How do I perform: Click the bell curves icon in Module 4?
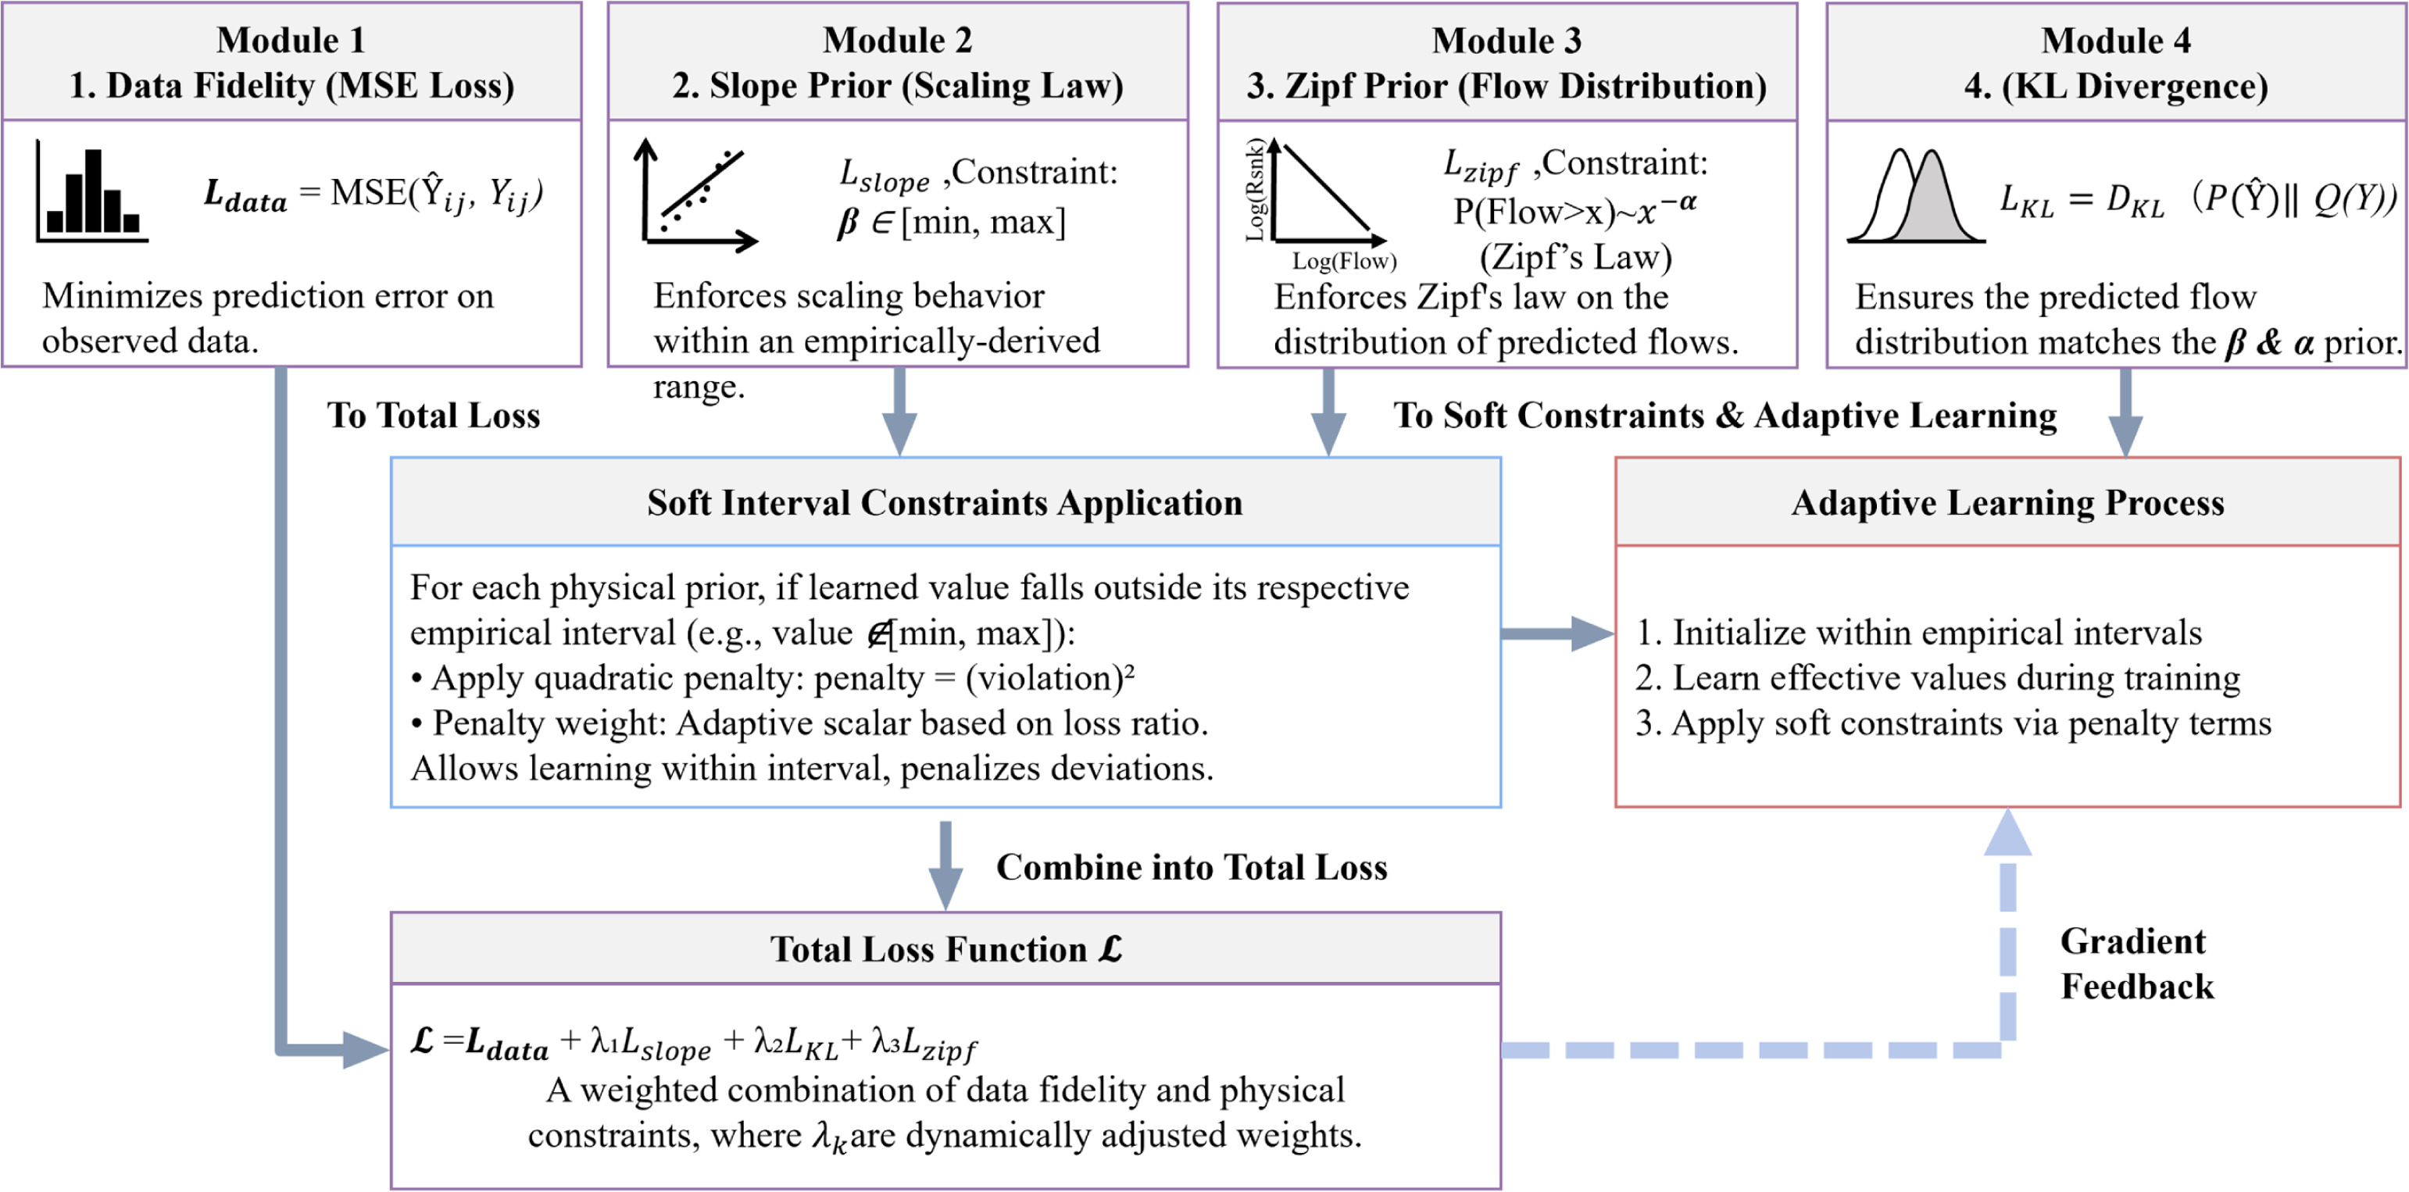tap(1915, 195)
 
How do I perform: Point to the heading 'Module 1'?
tap(291, 40)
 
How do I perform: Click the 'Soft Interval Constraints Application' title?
tap(945, 503)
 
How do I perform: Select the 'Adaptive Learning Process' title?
tap(2008, 503)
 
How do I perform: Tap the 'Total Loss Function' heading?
tap(945, 949)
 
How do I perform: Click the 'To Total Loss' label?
tap(433, 415)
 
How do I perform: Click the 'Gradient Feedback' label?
tap(2137, 963)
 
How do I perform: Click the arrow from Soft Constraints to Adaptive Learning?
tap(1557, 633)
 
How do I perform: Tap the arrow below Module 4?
tap(2125, 412)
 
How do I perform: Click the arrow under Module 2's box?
tap(899, 412)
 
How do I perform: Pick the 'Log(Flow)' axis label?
tap(1345, 261)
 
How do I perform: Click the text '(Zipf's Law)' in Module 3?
tap(1576, 256)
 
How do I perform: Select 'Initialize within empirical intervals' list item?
tap(1918, 633)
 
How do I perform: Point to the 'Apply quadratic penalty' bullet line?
tap(773, 678)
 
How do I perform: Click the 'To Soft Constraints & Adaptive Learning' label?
tap(1725, 415)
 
